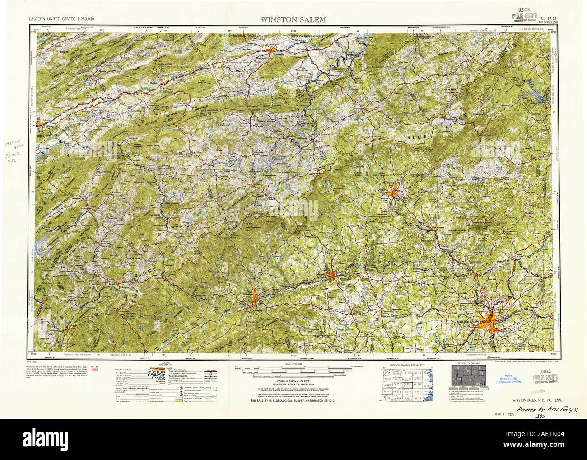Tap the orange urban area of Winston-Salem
[490, 322]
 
